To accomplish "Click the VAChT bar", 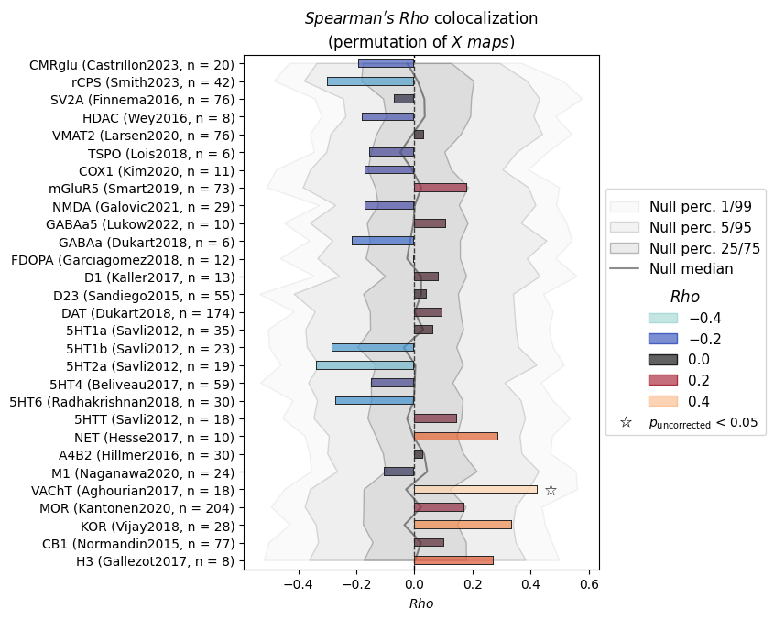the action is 475,490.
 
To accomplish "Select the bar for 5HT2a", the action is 365,365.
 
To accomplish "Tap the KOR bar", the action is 463,525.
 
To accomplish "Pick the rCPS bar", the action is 371,81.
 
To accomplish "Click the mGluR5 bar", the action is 441,188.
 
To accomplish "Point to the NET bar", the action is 455,437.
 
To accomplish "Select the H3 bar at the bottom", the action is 453,560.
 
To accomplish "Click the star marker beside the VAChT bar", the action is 551,490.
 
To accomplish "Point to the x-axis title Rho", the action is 421,603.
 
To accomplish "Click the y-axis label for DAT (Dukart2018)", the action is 147,313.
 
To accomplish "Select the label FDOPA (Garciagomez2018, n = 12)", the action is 123,260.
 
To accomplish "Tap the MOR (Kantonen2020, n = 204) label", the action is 136,508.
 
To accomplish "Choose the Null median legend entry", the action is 671,268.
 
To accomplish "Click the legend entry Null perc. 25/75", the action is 684,248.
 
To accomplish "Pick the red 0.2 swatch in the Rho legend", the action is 663,380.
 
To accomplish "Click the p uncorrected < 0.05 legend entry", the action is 689,422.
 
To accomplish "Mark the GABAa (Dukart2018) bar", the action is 383,241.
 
